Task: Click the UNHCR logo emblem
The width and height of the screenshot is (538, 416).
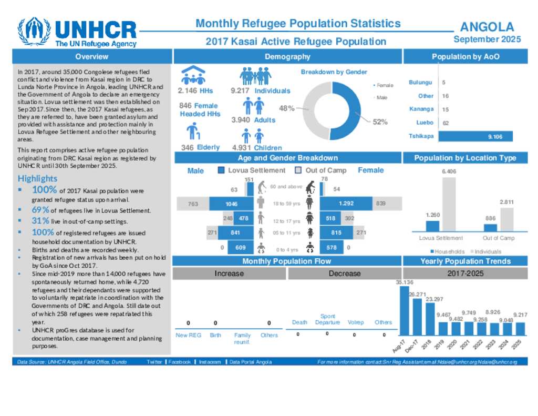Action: (34, 33)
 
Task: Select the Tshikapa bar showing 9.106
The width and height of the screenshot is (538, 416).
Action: (475, 137)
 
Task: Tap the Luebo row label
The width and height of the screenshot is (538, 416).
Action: (425, 123)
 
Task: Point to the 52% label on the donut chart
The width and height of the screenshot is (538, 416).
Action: (380, 121)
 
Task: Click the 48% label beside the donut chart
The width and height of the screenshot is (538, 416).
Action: (286, 108)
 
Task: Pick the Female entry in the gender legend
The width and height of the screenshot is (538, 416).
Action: (385, 85)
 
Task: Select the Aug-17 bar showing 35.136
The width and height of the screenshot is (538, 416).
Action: (405, 311)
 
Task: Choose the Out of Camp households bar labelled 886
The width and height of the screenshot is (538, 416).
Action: (490, 228)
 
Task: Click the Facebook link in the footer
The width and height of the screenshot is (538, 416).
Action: (179, 362)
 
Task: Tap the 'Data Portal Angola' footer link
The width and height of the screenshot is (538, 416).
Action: (251, 362)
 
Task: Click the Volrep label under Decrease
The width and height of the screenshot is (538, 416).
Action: (356, 322)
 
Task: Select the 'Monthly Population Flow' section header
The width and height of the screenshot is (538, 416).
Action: (287, 261)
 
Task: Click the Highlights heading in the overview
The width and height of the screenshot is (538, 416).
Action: (37, 179)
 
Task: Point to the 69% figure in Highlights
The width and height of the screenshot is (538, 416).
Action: (40, 210)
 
